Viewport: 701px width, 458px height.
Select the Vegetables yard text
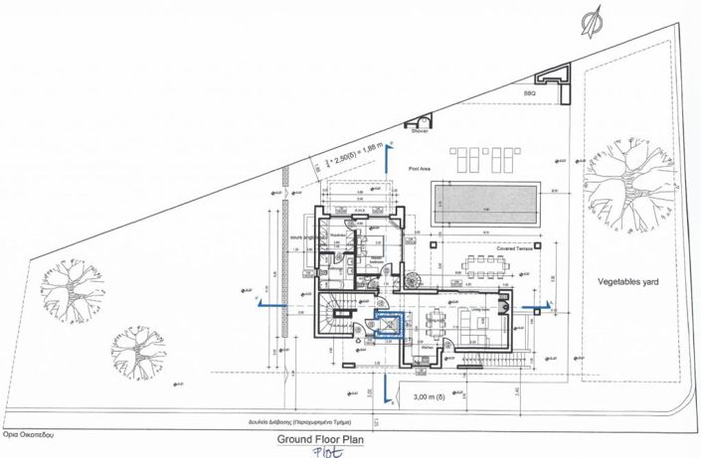coord(628,282)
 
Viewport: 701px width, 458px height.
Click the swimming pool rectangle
coord(486,207)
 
